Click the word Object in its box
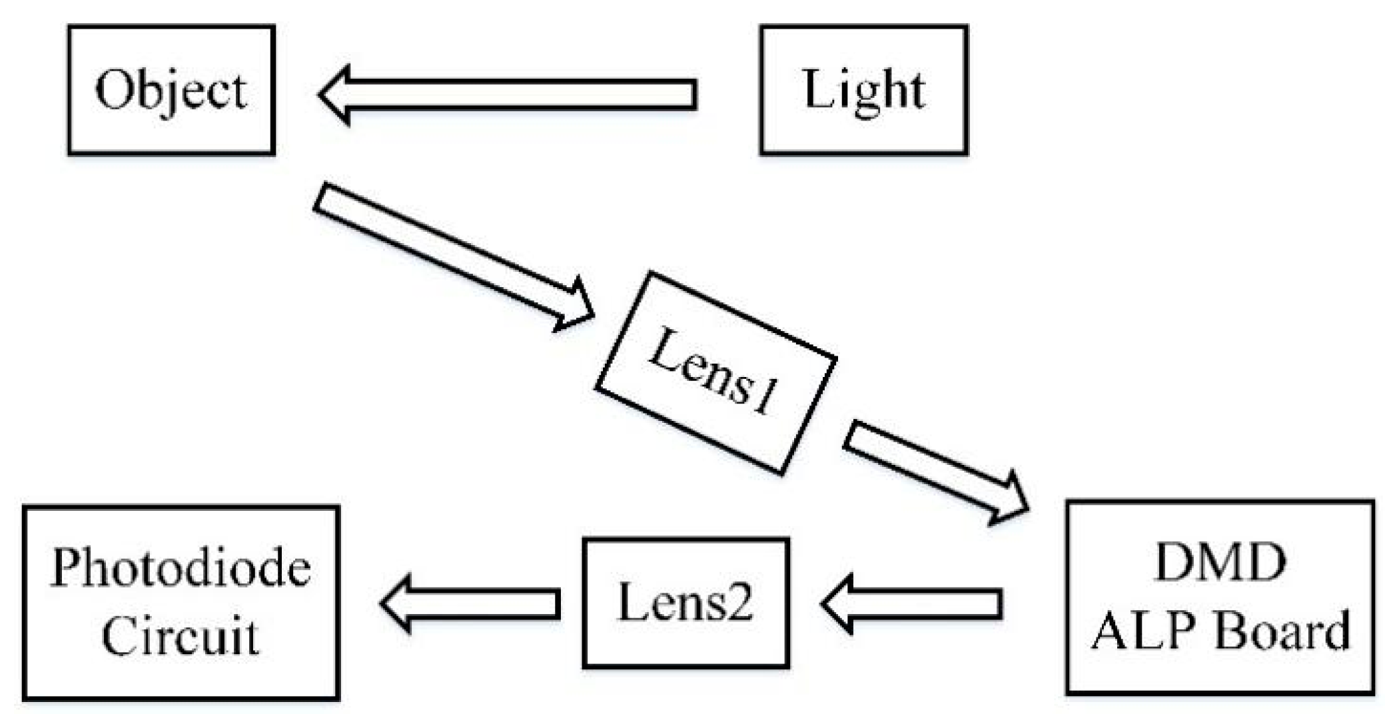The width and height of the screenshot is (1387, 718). tap(171, 91)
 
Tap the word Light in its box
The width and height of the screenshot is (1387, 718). tap(864, 91)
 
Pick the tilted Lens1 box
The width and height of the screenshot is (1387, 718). tap(716, 373)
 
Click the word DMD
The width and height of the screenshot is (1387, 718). tap(1220, 563)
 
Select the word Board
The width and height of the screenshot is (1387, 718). tap(1282, 631)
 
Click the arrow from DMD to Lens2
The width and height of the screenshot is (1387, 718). tap(913, 604)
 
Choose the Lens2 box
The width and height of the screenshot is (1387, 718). tap(686, 603)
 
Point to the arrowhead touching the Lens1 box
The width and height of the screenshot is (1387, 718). tap(576, 306)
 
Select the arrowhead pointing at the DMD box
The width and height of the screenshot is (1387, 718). tap(1009, 500)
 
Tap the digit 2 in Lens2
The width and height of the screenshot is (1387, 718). tap(739, 603)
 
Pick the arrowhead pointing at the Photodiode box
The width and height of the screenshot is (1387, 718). tap(396, 603)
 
